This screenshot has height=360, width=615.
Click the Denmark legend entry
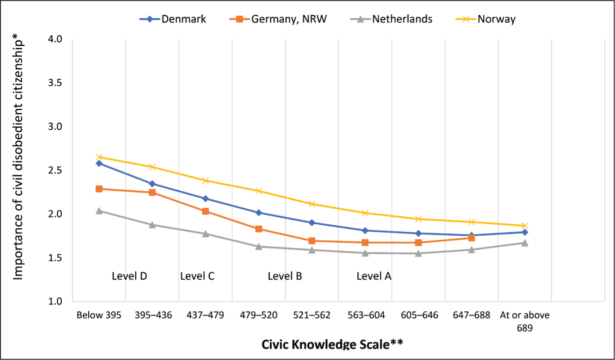173,19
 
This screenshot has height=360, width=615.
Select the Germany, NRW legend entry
278,19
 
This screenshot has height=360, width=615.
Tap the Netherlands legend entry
391,19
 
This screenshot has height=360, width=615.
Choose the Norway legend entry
485,19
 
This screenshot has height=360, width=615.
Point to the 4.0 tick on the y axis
55,39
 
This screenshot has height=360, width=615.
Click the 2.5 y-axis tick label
55,170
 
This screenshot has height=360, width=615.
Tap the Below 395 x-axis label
99,315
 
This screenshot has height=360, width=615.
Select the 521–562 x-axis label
312,315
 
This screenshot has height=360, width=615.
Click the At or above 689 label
525,321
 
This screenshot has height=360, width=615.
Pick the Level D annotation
130,276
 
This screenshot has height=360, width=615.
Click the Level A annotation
374,276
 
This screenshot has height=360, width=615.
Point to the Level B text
285,276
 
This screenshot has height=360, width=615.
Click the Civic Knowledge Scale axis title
332,344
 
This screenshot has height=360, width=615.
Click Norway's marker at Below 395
99,157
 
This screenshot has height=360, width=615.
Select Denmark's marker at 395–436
152,184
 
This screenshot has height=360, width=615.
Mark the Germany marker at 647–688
472,238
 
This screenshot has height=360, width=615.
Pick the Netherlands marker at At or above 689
525,243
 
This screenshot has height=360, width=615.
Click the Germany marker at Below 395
99,189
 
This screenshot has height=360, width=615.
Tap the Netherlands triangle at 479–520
259,247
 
